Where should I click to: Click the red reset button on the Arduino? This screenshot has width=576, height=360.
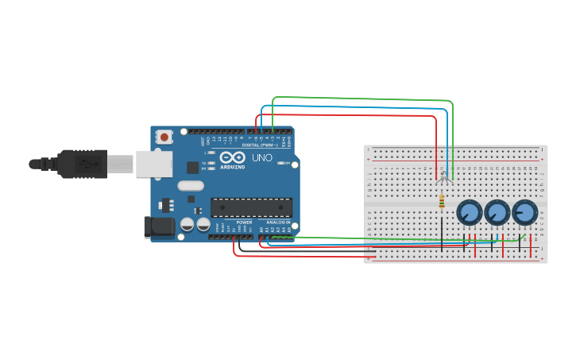click(164, 137)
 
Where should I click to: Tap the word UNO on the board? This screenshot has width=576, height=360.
click(263, 158)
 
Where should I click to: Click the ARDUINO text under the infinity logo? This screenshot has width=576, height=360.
click(233, 167)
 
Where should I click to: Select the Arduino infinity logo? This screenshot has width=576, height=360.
click(234, 157)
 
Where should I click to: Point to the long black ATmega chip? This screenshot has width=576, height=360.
click(251, 207)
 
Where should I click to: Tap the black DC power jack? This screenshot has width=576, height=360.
click(159, 227)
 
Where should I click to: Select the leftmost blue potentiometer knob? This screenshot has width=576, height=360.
click(470, 212)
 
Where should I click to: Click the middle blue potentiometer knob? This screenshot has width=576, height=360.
click(497, 212)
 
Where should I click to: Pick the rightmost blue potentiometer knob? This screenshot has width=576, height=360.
click(524, 212)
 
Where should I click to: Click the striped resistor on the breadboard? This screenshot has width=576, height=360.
click(442, 203)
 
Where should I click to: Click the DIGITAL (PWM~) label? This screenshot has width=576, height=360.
click(261, 145)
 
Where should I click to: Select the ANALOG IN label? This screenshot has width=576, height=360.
click(277, 223)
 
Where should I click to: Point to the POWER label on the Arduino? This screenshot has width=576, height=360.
click(244, 223)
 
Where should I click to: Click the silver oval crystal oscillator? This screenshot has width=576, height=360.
click(191, 186)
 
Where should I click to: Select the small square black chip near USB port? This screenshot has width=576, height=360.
click(192, 167)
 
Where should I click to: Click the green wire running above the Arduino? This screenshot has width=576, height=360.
click(358, 99)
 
